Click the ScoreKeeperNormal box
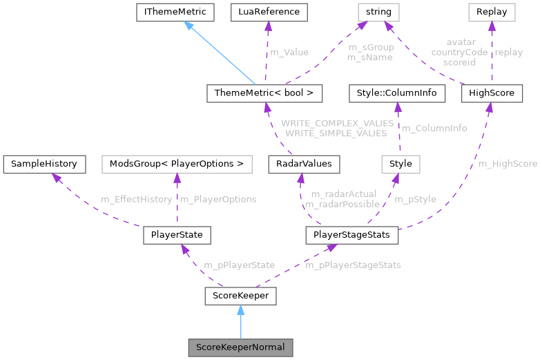click(x=240, y=346)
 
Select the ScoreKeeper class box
click(x=240, y=296)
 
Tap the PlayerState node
click(x=176, y=235)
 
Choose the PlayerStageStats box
click(x=352, y=235)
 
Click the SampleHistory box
click(x=45, y=164)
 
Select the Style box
click(x=401, y=164)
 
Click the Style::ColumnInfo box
click(x=394, y=93)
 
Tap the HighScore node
click(x=492, y=93)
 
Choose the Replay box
click(x=492, y=12)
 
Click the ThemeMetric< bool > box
click(x=264, y=93)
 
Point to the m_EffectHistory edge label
click(x=137, y=199)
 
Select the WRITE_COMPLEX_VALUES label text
click(x=337, y=123)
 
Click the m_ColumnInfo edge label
click(x=434, y=128)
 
